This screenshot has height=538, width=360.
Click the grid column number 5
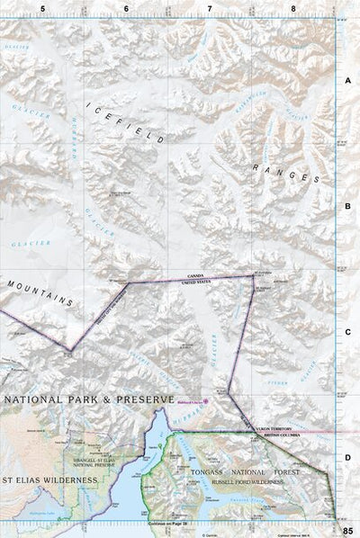[42, 8]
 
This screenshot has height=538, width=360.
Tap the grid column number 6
[126, 8]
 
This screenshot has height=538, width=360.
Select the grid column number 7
[210, 8]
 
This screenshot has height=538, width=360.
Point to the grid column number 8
[293, 8]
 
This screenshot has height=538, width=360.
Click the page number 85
[347, 528]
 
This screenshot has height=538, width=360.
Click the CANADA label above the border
[191, 276]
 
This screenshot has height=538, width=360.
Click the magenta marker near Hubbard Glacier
[206, 400]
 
